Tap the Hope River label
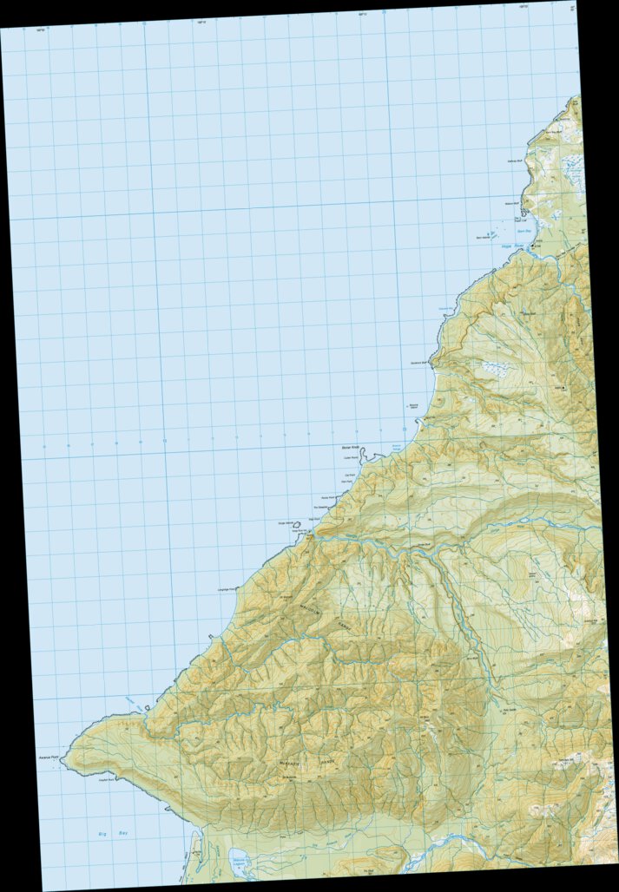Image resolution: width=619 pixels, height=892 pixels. (514, 246)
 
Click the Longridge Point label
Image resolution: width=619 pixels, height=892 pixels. (227, 589)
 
